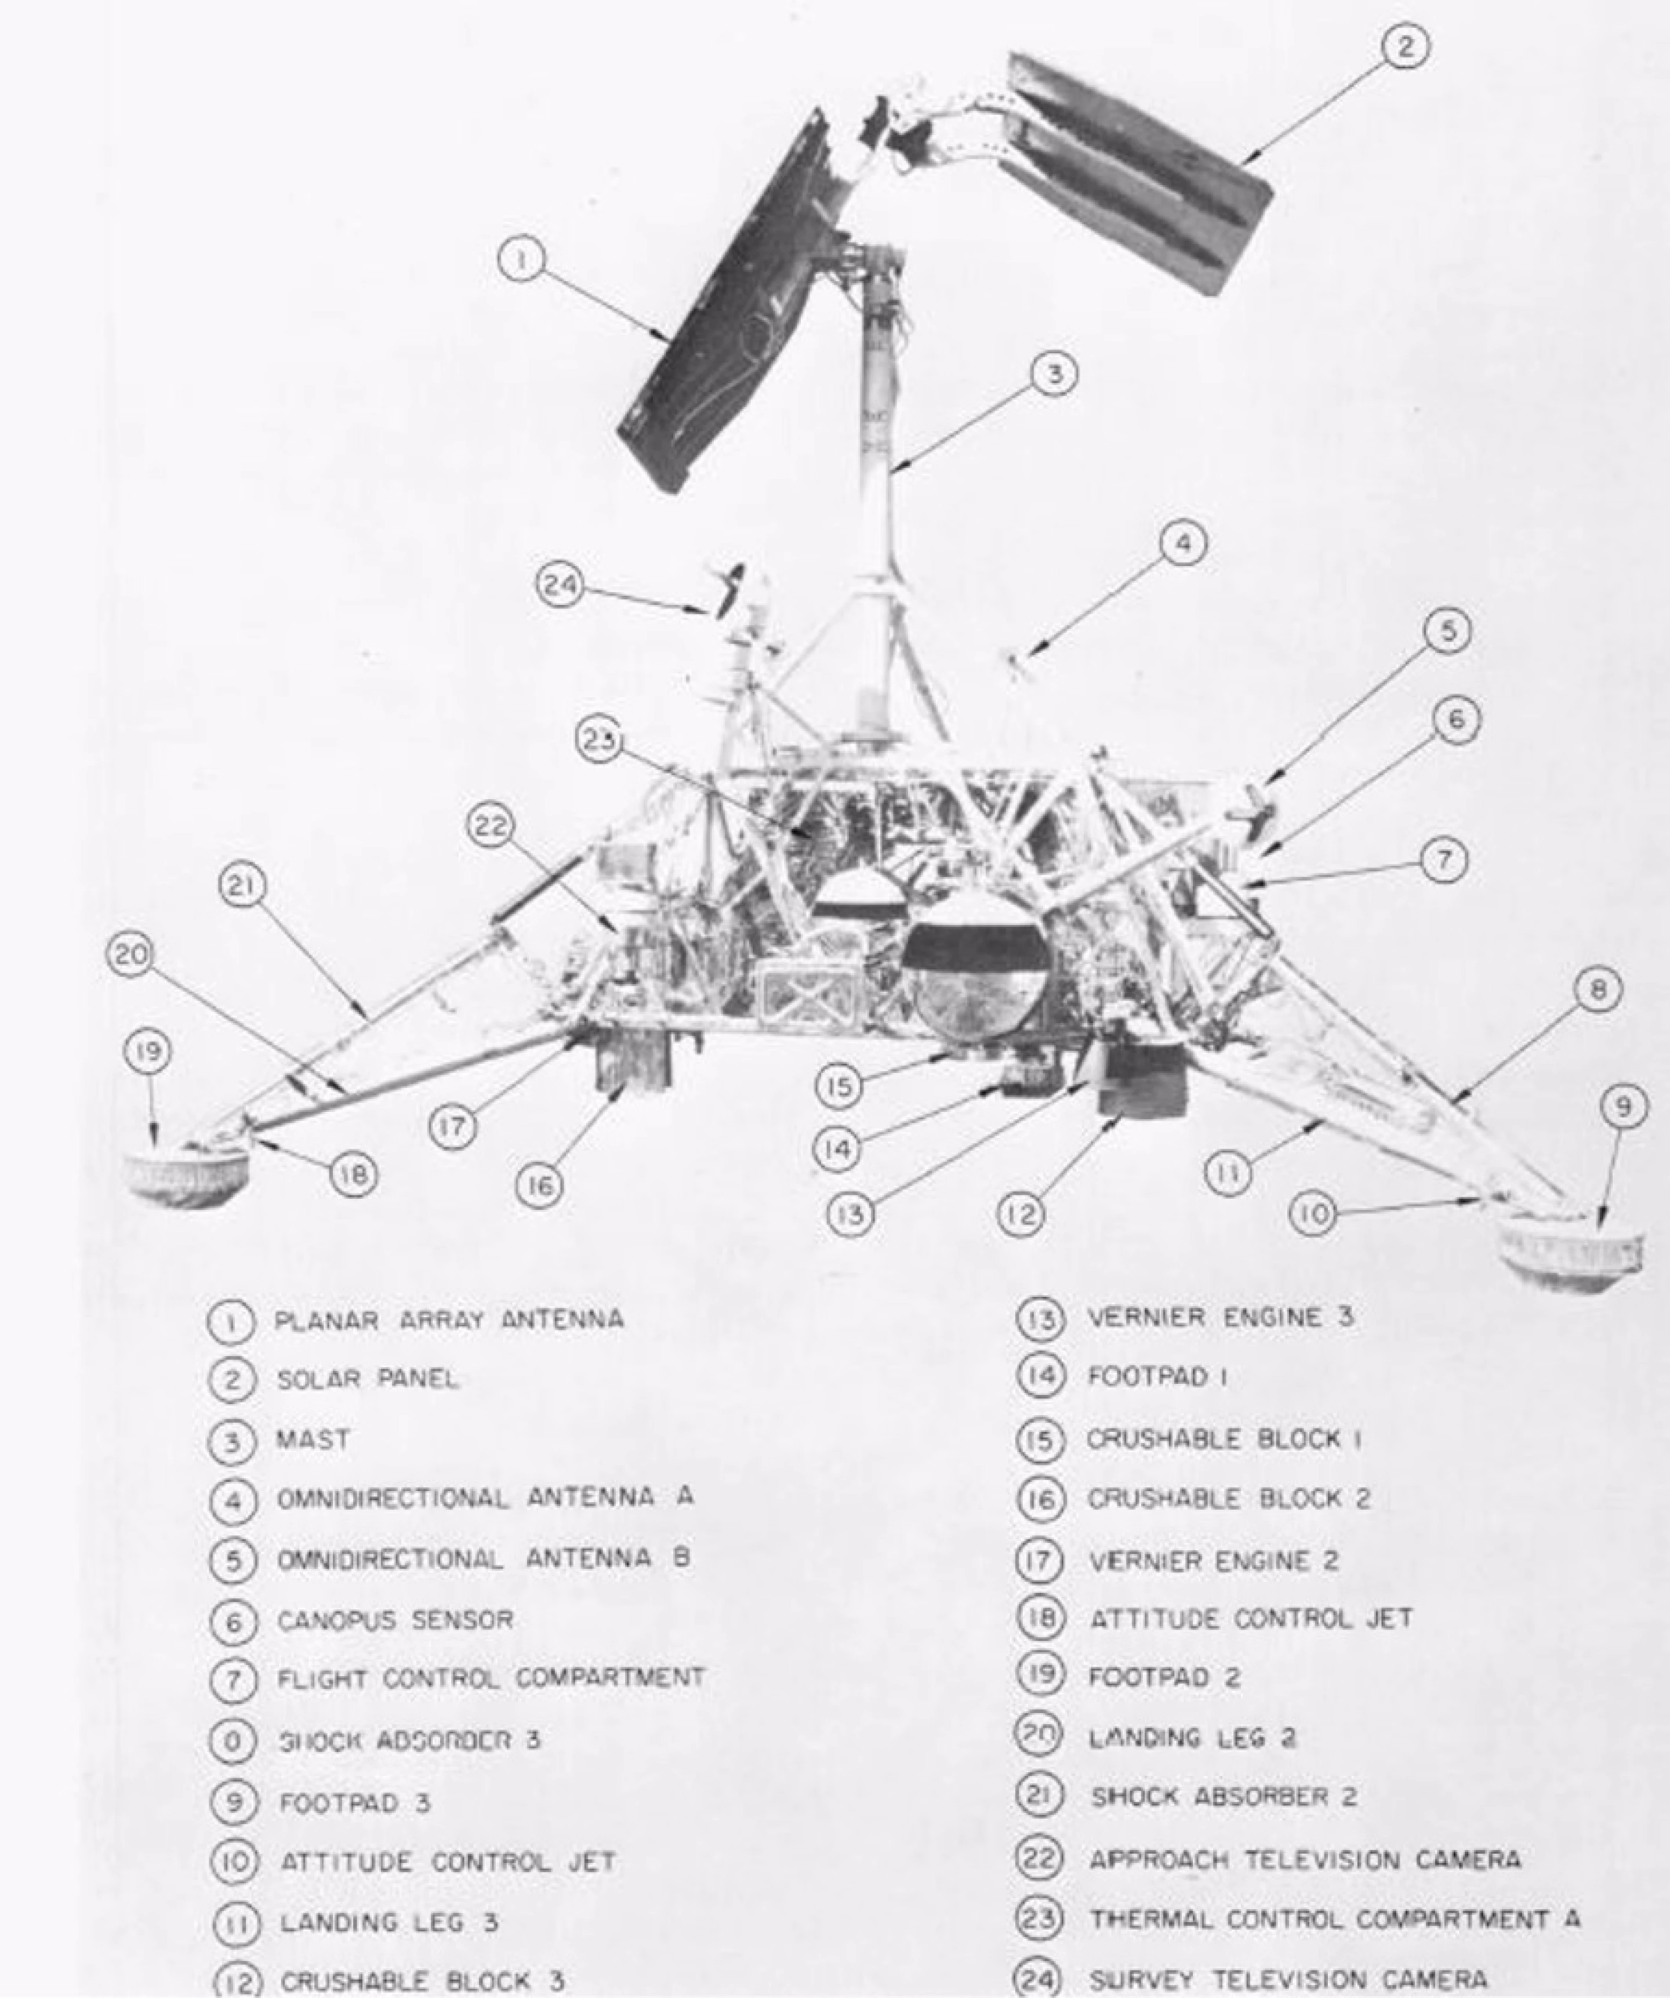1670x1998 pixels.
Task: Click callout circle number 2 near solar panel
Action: pos(1404,46)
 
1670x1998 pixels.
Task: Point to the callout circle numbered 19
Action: pos(147,1052)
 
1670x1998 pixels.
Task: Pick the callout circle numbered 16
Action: pos(539,1185)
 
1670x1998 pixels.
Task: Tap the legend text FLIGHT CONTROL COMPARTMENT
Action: pos(491,1677)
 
